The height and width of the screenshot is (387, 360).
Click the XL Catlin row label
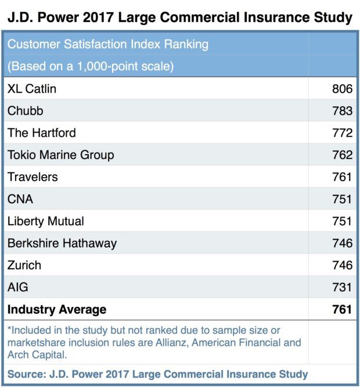[32, 89]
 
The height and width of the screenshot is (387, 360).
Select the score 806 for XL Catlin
[342, 89]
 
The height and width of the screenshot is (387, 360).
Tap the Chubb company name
[26, 111]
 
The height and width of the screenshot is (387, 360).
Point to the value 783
[342, 111]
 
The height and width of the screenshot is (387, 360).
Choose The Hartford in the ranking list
[42, 133]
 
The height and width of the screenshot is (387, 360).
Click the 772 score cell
[342, 133]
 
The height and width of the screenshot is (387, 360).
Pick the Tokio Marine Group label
[61, 155]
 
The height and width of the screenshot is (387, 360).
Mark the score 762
[342, 155]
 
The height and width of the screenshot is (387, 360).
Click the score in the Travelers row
[342, 177]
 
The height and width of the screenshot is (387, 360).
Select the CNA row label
[20, 199]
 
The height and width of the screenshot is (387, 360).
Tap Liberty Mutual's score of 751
[342, 221]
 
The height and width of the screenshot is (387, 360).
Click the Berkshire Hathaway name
[62, 243]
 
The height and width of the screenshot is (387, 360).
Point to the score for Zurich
[342, 265]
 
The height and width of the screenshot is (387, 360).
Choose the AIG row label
[18, 287]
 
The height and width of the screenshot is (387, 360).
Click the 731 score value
[342, 287]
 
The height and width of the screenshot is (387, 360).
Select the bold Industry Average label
[57, 309]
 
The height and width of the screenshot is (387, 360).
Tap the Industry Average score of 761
[342, 309]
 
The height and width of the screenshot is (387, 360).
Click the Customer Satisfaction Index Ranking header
[108, 45]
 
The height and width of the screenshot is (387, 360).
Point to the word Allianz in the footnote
[171, 342]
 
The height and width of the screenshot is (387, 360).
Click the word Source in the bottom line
[26, 374]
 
